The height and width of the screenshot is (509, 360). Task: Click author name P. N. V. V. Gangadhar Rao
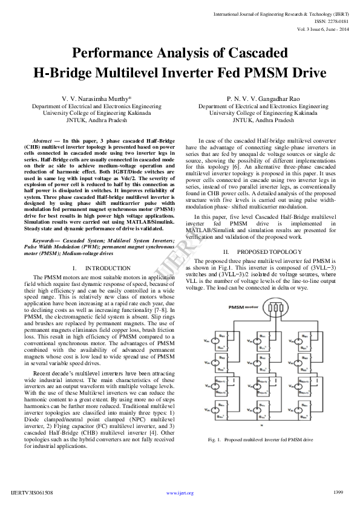click(x=263, y=98)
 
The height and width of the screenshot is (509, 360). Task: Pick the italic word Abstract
click(x=42, y=140)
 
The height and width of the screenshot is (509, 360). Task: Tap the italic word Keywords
click(x=46, y=241)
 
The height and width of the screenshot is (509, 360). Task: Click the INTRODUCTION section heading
click(x=106, y=267)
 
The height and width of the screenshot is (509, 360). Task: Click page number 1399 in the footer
click(x=338, y=493)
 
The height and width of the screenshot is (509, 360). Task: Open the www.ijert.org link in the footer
click(x=180, y=493)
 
